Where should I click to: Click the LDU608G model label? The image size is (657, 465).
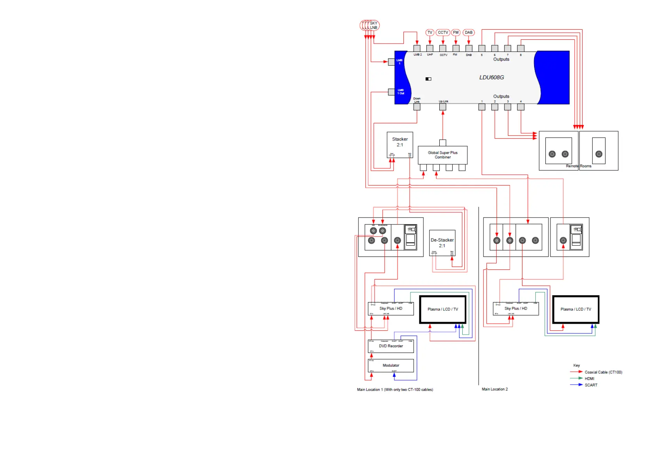click(491, 77)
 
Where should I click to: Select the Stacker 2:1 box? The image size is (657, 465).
click(400, 144)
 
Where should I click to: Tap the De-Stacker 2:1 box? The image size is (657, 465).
click(442, 243)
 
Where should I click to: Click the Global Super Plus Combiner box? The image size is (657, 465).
click(442, 155)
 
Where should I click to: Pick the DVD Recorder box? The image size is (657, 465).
click(391, 346)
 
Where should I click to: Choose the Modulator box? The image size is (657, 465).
click(391, 365)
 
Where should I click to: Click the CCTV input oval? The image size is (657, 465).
click(443, 32)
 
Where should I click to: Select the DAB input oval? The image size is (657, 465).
click(469, 32)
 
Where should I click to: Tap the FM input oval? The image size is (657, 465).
click(456, 32)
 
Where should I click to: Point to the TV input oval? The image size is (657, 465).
click(430, 32)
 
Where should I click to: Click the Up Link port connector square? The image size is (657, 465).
click(443, 107)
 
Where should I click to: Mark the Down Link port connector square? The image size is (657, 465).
click(417, 107)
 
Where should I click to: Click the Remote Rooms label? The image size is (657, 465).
click(579, 166)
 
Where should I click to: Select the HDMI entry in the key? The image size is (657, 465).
click(589, 378)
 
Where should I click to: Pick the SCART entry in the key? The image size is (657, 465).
click(591, 385)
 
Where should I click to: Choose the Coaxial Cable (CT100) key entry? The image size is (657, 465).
click(603, 372)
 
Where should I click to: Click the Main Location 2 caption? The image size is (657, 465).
click(495, 389)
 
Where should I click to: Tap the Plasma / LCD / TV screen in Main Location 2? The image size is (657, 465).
click(575, 309)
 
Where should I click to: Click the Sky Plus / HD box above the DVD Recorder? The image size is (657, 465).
click(391, 308)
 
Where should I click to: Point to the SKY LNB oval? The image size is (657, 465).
click(373, 25)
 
